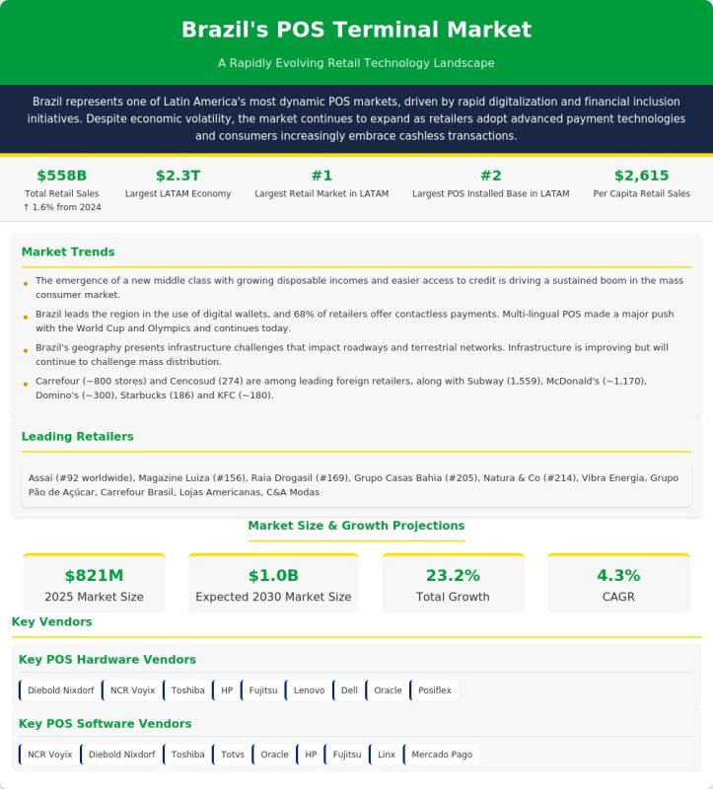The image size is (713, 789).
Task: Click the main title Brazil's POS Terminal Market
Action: click(356, 31)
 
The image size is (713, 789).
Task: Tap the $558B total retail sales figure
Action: click(62, 176)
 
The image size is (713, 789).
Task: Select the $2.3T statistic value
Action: click(178, 176)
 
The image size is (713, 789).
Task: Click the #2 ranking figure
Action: click(490, 176)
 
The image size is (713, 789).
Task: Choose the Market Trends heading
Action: click(68, 251)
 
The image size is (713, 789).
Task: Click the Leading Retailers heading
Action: click(77, 436)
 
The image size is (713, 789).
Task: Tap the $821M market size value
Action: click(94, 575)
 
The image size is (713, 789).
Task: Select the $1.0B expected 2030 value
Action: click(273, 575)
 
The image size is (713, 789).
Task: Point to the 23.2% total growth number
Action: click(453, 575)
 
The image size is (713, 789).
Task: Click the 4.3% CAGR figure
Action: click(618, 575)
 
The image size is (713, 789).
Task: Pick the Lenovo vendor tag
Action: click(309, 690)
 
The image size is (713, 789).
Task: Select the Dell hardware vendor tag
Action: click(348, 690)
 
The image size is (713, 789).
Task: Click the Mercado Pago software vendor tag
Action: click(441, 754)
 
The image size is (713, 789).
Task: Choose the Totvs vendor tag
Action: click(233, 754)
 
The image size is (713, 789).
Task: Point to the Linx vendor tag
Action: click(386, 754)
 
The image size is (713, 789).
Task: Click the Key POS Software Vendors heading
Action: click(106, 724)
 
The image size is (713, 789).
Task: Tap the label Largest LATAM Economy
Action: click(178, 193)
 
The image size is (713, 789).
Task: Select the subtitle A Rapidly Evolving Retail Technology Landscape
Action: click(356, 63)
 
